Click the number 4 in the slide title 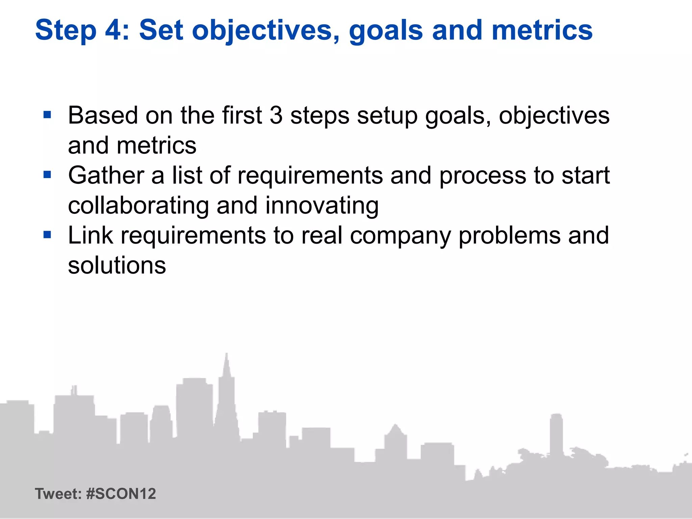click(x=116, y=30)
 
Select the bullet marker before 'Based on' click(x=47, y=115)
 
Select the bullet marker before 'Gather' click(x=47, y=175)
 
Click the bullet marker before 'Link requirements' click(x=47, y=235)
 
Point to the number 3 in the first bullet click(x=276, y=116)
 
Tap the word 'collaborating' click(x=139, y=206)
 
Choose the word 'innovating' click(x=322, y=206)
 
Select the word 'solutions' click(x=117, y=266)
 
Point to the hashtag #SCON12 click(x=121, y=494)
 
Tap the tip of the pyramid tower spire click(x=226, y=354)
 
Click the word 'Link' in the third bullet click(x=90, y=236)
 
